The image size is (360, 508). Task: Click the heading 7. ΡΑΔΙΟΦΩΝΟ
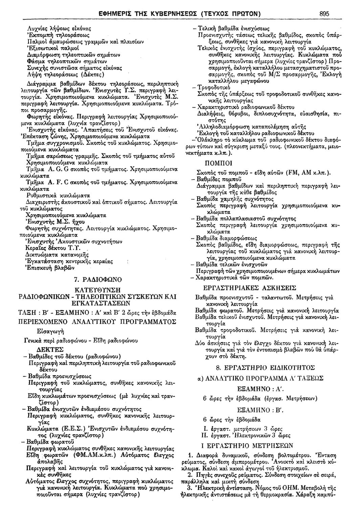(97, 280)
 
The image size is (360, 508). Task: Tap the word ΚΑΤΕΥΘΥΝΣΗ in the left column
(97, 290)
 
